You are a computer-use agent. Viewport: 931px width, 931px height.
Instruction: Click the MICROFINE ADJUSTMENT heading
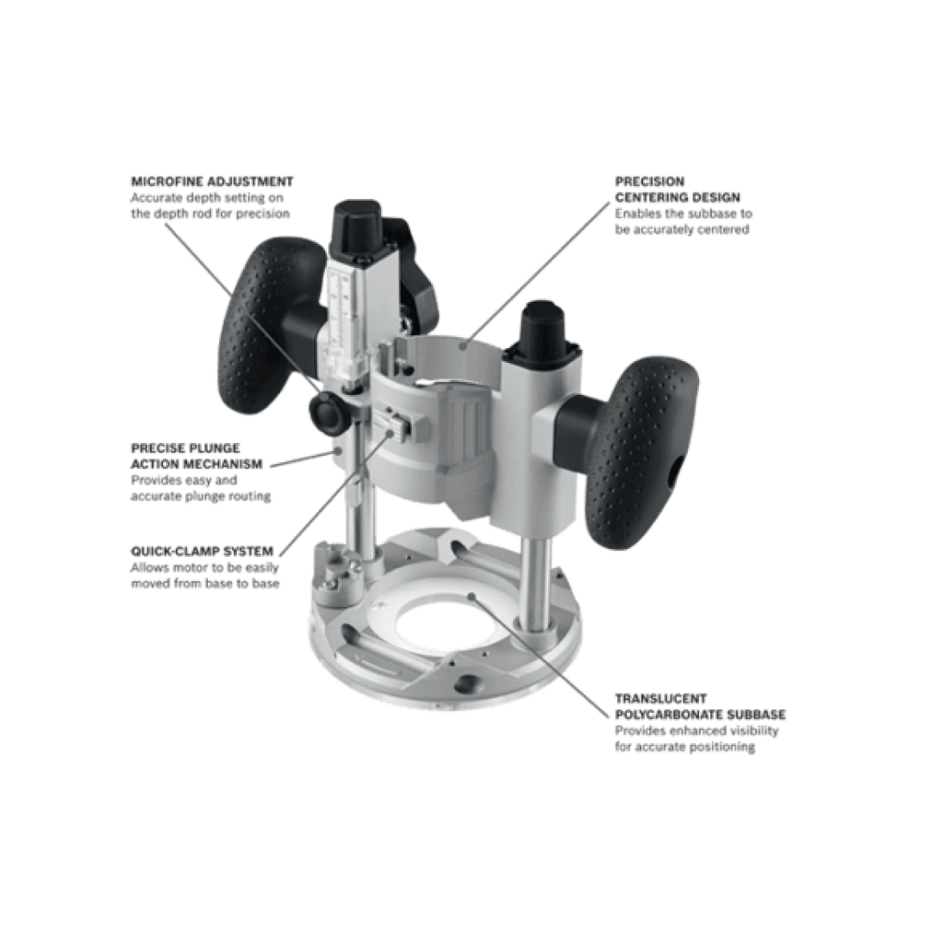click(212, 182)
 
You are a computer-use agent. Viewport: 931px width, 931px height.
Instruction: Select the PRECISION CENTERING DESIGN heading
click(677, 190)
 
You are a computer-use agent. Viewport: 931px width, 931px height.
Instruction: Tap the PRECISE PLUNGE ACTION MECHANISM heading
click(197, 456)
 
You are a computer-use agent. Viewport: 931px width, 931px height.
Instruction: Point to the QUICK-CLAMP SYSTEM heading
click(202, 551)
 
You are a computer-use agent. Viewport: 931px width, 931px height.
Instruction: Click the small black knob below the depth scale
click(328, 411)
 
